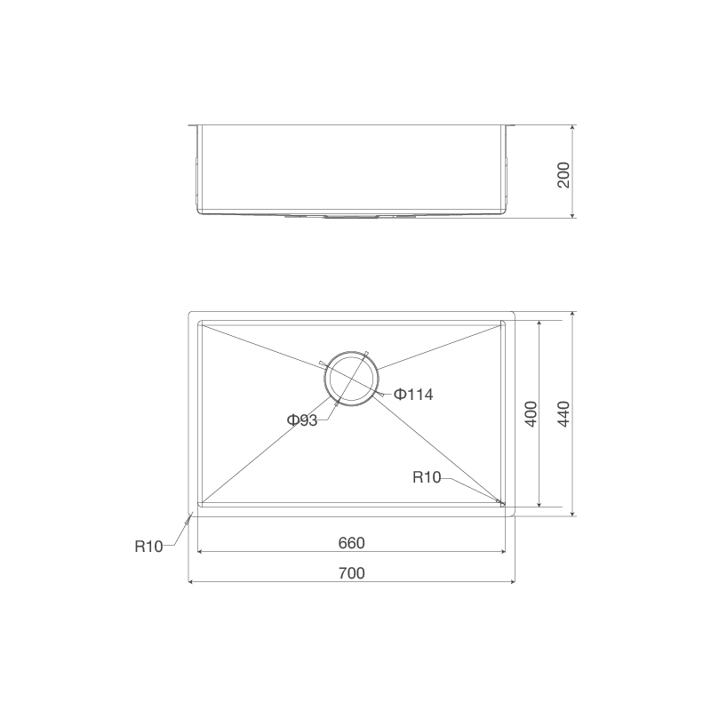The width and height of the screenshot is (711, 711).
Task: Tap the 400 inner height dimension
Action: tap(531, 414)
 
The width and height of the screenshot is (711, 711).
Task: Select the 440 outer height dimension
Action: tap(563, 414)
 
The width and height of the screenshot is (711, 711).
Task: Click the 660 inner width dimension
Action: tap(352, 542)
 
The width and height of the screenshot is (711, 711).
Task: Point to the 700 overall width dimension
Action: tap(352, 573)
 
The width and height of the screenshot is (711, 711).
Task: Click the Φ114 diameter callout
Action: tap(413, 395)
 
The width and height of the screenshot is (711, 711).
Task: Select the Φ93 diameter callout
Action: tap(302, 420)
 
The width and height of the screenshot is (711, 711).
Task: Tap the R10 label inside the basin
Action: tap(427, 477)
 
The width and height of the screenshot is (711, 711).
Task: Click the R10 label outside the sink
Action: tap(149, 547)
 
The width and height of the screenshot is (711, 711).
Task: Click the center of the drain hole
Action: tap(350, 378)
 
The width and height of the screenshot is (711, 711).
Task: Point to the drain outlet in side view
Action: tap(352, 215)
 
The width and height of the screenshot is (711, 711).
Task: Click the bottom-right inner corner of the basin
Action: tap(503, 505)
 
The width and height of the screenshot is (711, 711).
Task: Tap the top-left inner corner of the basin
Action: tap(199, 323)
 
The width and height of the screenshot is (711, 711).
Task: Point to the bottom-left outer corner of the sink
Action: tap(190, 514)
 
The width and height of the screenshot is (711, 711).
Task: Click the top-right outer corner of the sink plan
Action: tap(515, 312)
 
